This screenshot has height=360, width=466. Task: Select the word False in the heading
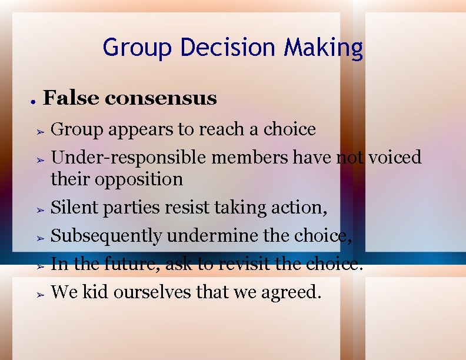click(x=71, y=98)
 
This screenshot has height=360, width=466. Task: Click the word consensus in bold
click(x=161, y=98)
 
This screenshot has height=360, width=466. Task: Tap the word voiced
click(x=394, y=158)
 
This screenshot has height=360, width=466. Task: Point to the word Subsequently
click(x=106, y=235)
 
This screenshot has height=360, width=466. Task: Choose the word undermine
click(x=205, y=235)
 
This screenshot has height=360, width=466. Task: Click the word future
click(x=132, y=264)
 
